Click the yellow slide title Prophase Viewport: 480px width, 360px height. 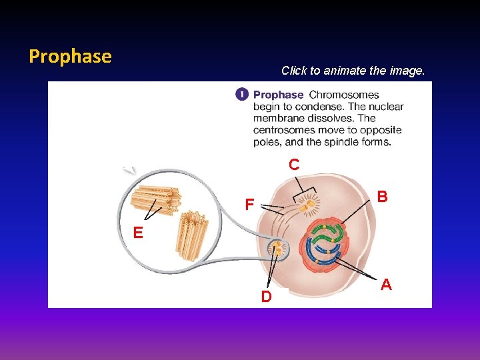[70, 56]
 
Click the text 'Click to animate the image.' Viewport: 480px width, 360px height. [352, 70]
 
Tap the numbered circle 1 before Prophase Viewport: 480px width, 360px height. [242, 95]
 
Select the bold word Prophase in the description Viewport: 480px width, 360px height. [278, 95]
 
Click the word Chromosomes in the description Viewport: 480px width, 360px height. [344, 95]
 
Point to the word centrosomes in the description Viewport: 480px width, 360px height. [284, 130]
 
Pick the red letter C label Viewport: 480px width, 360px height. [294, 164]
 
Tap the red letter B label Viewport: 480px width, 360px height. [382, 197]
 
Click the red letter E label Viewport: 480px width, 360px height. [137, 233]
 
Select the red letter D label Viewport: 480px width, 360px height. [266, 297]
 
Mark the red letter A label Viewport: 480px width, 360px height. [385, 285]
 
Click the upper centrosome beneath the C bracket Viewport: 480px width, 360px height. [306, 207]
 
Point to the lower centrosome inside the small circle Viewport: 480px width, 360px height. [277, 249]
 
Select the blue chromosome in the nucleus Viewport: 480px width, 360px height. [327, 256]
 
